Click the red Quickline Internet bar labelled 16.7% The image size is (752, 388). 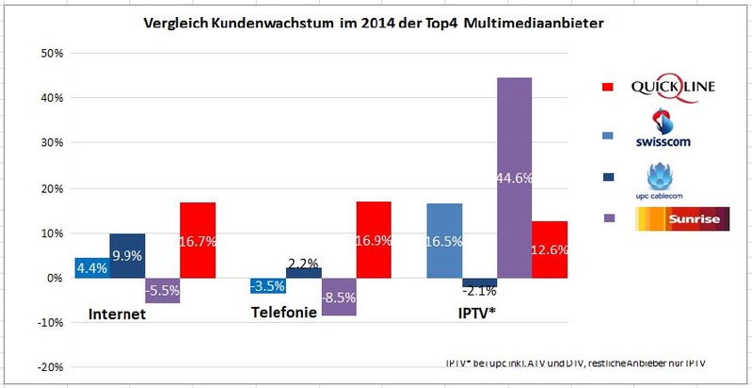click(199, 240)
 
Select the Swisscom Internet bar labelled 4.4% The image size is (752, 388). click(91, 267)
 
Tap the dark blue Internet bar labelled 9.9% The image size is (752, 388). click(127, 255)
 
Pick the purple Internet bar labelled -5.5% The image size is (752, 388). click(163, 291)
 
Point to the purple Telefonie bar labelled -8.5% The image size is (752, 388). click(340, 297)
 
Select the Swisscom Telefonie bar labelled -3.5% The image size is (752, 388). click(268, 285)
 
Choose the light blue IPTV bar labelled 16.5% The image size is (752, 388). click(444, 240)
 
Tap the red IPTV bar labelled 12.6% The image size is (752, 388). click(550, 250)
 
